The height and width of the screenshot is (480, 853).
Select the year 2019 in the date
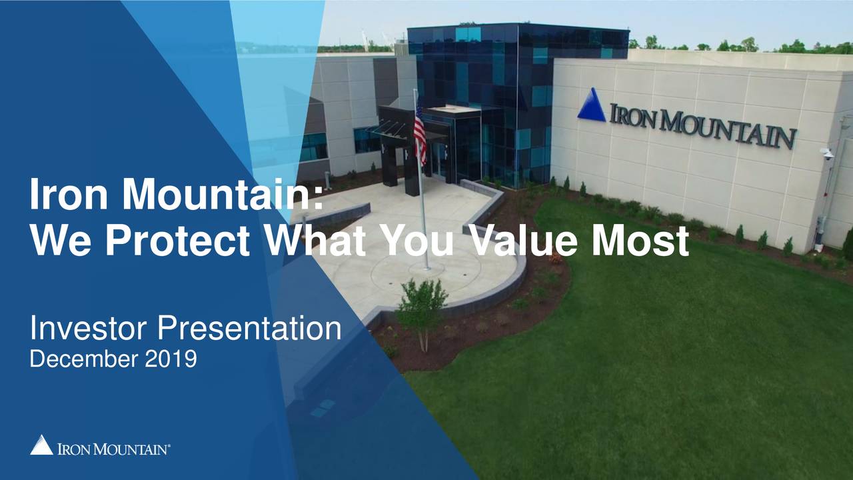[x=171, y=359]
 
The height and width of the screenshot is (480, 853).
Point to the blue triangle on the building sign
[x=591, y=106]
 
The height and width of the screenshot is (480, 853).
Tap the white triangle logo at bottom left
[x=41, y=445]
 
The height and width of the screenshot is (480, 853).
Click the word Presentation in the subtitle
[x=249, y=329]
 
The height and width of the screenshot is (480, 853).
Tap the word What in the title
[x=314, y=241]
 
